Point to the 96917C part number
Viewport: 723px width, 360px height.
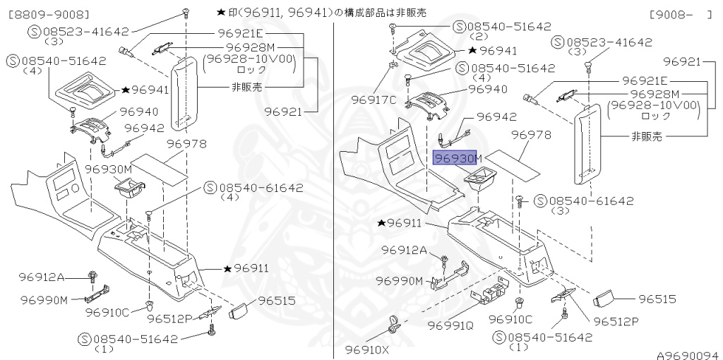tap(374, 100)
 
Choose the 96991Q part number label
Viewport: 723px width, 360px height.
tap(448, 325)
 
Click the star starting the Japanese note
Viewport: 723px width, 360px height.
tap(222, 13)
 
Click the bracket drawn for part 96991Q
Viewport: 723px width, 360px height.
tap(494, 291)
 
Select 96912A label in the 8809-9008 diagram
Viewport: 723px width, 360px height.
tap(61, 276)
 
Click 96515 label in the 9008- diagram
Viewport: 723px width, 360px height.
tap(662, 299)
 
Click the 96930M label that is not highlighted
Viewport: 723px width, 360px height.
tap(109, 169)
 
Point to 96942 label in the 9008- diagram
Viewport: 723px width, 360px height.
tap(496, 117)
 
